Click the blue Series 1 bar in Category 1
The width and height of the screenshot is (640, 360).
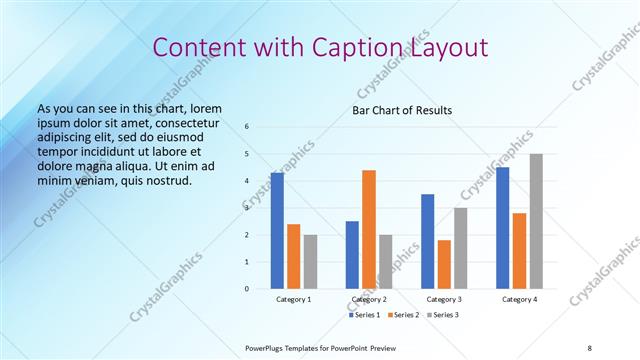click(x=277, y=231)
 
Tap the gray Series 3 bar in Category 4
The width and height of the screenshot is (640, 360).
click(x=536, y=221)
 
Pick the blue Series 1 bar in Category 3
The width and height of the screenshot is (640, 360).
click(x=428, y=241)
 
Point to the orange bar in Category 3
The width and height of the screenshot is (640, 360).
click(x=444, y=264)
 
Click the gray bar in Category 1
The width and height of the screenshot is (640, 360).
click(x=310, y=261)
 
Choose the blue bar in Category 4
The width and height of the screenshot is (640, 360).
click(x=503, y=228)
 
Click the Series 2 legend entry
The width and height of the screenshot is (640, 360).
click(x=402, y=315)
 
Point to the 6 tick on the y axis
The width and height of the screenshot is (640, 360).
click(x=247, y=126)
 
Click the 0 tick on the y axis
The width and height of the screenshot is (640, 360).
click(x=247, y=289)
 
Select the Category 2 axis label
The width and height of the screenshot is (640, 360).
click(x=369, y=300)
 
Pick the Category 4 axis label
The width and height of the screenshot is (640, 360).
click(x=519, y=300)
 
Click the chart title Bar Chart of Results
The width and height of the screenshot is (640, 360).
click(x=402, y=110)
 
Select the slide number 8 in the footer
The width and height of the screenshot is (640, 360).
click(x=590, y=347)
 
